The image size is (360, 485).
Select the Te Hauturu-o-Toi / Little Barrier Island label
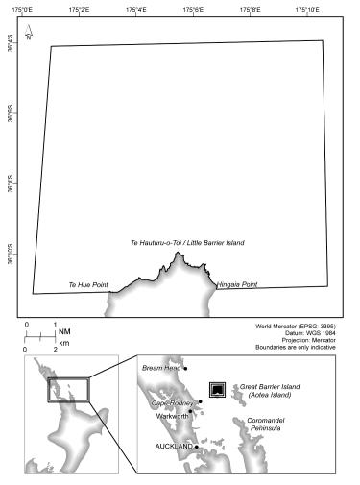coord(187,243)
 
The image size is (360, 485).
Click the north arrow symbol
coord(30,37)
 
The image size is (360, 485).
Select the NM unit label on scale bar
coord(63,331)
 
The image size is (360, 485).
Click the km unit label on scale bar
coord(63,343)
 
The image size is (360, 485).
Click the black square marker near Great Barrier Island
coord(218,388)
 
